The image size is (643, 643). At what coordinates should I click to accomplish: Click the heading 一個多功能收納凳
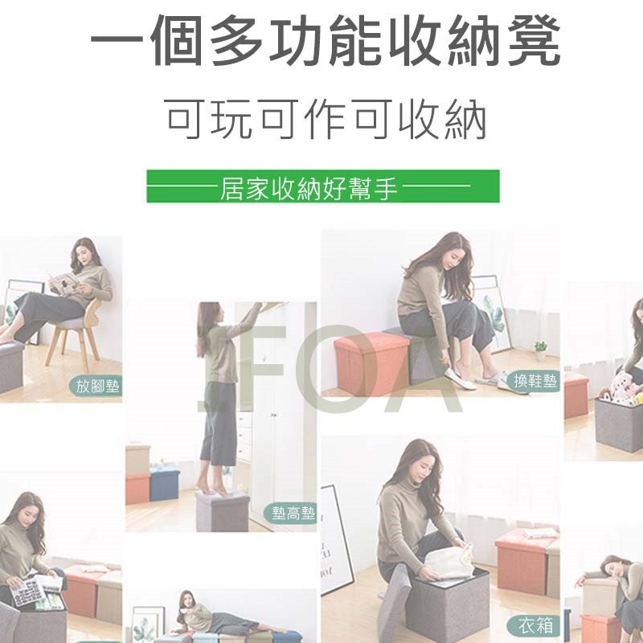[326, 40]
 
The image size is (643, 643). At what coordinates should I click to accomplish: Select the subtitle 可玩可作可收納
[327, 119]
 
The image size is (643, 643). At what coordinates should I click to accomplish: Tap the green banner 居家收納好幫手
[323, 186]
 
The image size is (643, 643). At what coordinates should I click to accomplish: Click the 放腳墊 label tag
[96, 387]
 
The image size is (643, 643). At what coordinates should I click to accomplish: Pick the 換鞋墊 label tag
[534, 381]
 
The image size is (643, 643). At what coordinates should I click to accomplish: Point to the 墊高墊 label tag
[292, 513]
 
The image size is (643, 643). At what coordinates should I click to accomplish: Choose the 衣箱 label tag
[534, 626]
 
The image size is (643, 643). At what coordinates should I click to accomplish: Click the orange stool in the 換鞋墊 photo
[371, 363]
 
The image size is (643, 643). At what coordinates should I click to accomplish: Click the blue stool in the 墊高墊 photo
[165, 485]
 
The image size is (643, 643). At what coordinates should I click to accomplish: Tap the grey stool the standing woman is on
[222, 511]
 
